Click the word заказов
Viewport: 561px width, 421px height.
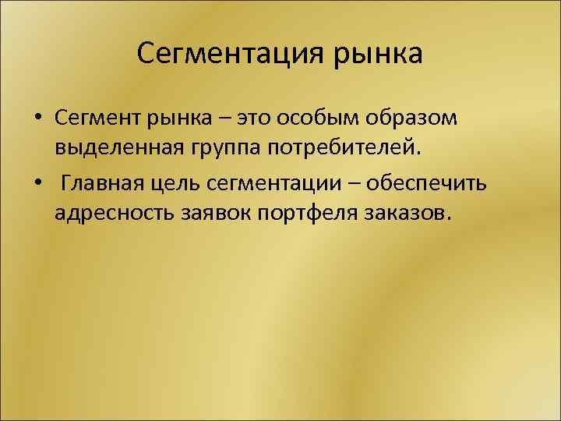tap(406, 213)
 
